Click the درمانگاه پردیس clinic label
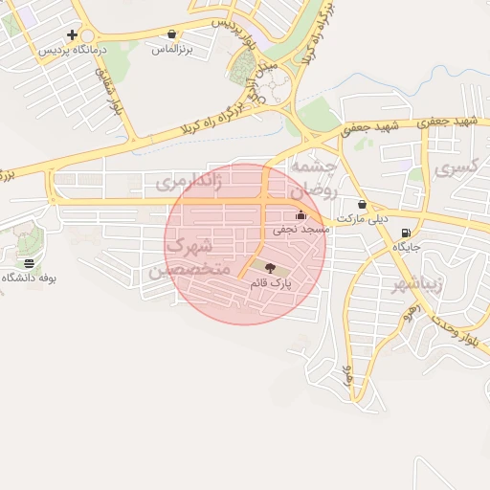[x=72, y=47]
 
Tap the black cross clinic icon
[x=72, y=33]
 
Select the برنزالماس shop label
[x=170, y=47]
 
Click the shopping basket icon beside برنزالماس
[x=171, y=33]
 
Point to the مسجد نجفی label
[x=301, y=229]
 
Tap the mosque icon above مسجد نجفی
[x=301, y=215]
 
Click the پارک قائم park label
[x=270, y=283]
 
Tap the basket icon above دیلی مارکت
[x=362, y=205]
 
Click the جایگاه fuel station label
[x=407, y=247]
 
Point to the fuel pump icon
[x=408, y=234]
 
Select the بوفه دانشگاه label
[x=30, y=278]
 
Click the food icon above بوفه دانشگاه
[x=30, y=263]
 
